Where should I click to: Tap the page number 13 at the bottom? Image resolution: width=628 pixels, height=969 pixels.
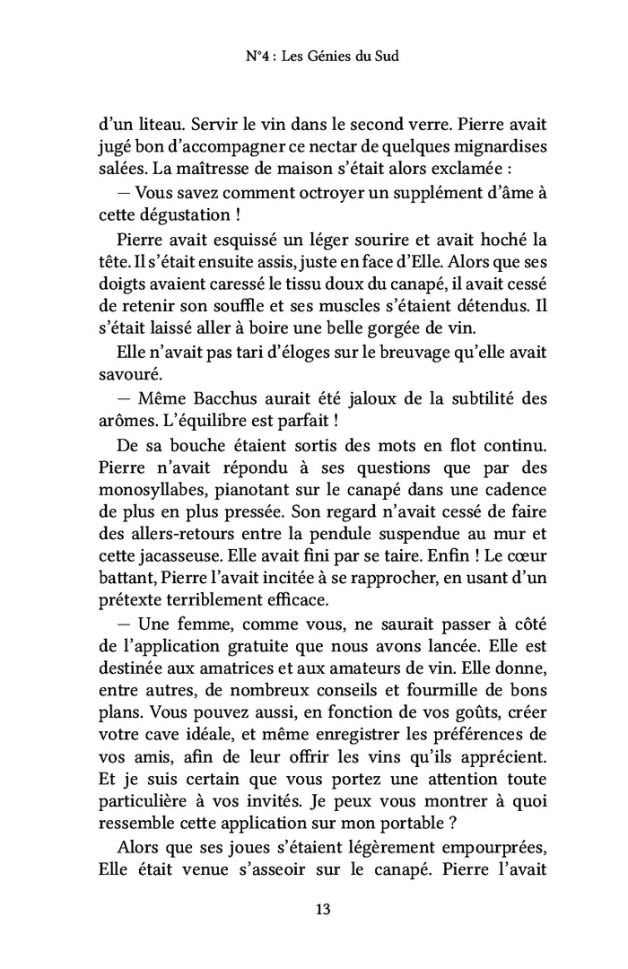tap(324, 910)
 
